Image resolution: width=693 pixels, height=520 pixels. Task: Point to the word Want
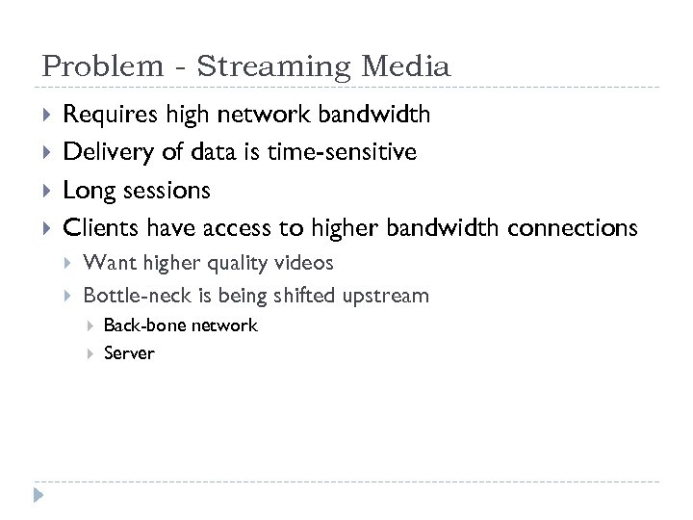point(108,262)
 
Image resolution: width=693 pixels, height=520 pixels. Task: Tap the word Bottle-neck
point(135,295)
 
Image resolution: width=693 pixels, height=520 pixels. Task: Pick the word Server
point(129,353)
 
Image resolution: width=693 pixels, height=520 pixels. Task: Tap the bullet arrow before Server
point(90,353)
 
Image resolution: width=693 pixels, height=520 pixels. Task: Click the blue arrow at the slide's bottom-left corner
point(38,497)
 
